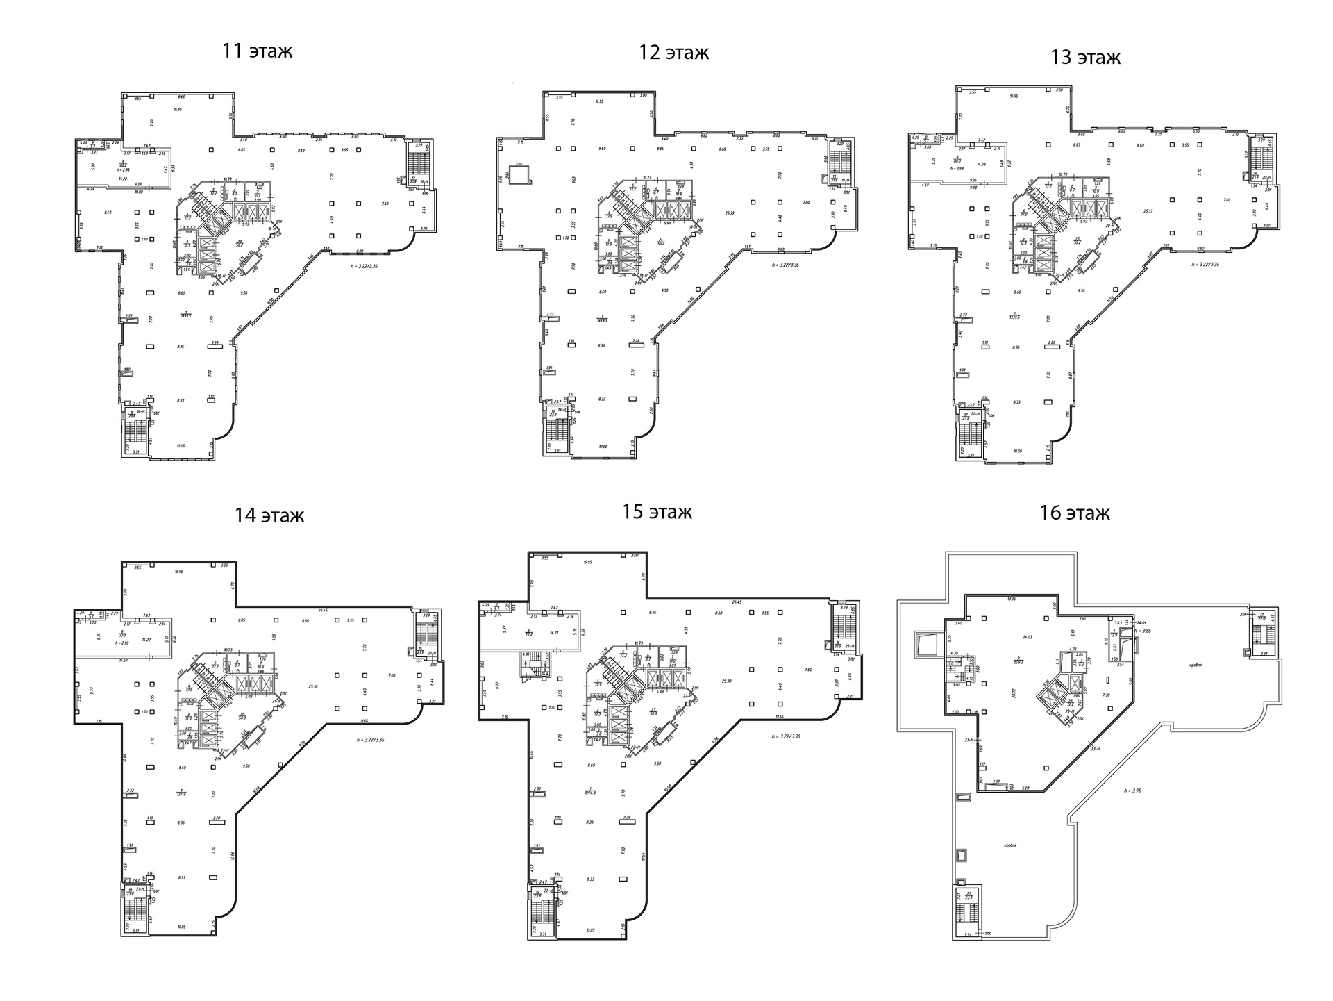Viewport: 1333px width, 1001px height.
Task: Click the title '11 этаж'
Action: pyautogui.click(x=257, y=51)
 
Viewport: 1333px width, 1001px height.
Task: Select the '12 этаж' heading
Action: pyautogui.click(x=673, y=52)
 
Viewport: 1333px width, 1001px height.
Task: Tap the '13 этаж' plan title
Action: pyautogui.click(x=1085, y=57)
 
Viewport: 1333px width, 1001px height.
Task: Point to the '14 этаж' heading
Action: pyautogui.click(x=269, y=515)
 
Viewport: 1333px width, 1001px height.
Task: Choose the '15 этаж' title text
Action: pyautogui.click(x=657, y=512)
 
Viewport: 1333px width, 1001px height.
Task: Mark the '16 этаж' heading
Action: pyautogui.click(x=1074, y=513)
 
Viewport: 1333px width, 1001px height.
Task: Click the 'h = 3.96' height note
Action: pyautogui.click(x=1133, y=790)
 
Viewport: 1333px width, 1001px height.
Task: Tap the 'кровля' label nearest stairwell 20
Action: pyautogui.click(x=1010, y=845)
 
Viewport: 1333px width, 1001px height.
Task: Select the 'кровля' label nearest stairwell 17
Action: pyautogui.click(x=1194, y=664)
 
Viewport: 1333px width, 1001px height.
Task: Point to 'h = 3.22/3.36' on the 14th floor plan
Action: pyautogui.click(x=369, y=739)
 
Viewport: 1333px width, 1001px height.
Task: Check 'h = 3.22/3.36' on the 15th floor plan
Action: pyautogui.click(x=785, y=736)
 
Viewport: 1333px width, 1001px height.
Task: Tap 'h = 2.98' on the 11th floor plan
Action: pyautogui.click(x=124, y=169)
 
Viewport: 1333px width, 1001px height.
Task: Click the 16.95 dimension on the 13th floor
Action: pyautogui.click(x=1014, y=97)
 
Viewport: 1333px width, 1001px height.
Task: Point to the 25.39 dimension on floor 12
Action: pyautogui.click(x=729, y=213)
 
